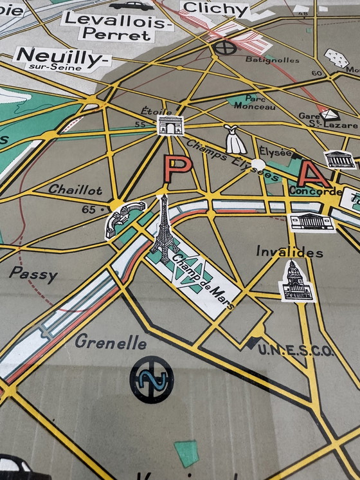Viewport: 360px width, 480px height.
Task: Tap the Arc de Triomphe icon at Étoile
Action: click(170, 125)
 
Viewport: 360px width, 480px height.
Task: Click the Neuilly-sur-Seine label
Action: click(62, 59)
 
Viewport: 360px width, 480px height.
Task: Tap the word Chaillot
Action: click(75, 190)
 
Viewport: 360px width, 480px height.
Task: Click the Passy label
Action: click(33, 274)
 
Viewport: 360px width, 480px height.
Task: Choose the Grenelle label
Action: click(111, 342)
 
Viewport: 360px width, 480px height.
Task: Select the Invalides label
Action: click(289, 252)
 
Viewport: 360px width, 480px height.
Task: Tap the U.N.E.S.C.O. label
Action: click(296, 350)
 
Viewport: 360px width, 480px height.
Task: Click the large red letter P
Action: click(175, 169)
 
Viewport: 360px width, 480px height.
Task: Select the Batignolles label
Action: click(272, 60)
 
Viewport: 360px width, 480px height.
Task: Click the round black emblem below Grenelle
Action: click(151, 379)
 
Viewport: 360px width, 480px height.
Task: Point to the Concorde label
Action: click(315, 192)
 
